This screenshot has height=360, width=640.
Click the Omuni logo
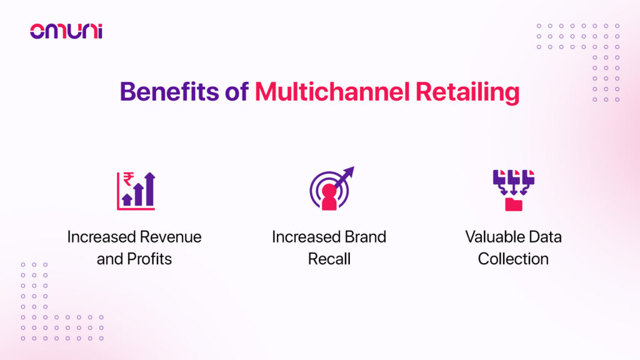point(66,31)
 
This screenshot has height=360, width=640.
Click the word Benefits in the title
point(169,91)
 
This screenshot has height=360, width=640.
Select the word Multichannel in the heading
point(332,91)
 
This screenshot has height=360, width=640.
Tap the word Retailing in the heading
point(467,92)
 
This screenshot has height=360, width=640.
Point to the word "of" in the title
point(237,91)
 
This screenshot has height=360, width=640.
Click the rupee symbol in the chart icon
point(129,179)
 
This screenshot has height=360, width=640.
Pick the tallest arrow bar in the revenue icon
point(150,189)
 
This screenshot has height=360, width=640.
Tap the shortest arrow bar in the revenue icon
point(127,199)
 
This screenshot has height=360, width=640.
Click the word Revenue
point(171,237)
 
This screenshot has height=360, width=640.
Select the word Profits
point(149,259)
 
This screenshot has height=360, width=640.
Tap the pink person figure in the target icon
point(329,197)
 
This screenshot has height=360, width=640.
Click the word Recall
point(329,259)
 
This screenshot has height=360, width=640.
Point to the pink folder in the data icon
point(514,204)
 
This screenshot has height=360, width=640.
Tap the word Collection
point(513,259)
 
